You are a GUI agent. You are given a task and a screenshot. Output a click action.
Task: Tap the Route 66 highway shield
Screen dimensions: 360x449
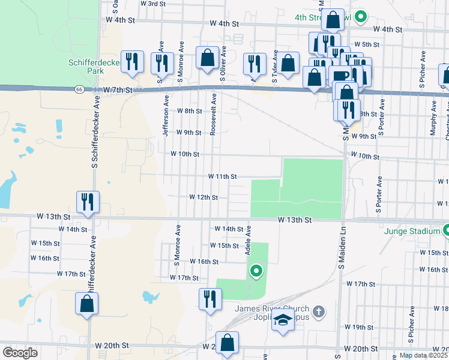pyautogui.click(x=79, y=89)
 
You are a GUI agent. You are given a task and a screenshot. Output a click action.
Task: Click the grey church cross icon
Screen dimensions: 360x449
pyautogui.click(x=319, y=311)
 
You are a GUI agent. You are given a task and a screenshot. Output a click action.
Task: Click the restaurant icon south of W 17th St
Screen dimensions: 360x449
pyautogui.click(x=209, y=298)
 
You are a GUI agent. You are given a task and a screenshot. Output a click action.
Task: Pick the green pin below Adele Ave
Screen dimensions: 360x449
pyautogui.click(x=256, y=272)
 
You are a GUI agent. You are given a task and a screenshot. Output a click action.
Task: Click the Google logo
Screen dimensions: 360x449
pyautogui.click(x=20, y=353)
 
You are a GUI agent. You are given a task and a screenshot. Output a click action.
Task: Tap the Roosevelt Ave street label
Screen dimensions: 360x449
pyautogui.click(x=212, y=115)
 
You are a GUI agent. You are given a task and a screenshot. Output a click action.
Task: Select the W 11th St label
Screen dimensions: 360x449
pyautogui.click(x=223, y=176)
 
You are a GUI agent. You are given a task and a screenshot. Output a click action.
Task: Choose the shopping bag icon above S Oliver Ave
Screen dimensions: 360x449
pyautogui.click(x=207, y=58)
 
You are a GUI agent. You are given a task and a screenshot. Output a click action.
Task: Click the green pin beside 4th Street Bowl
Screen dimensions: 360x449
pyautogui.click(x=361, y=17)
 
